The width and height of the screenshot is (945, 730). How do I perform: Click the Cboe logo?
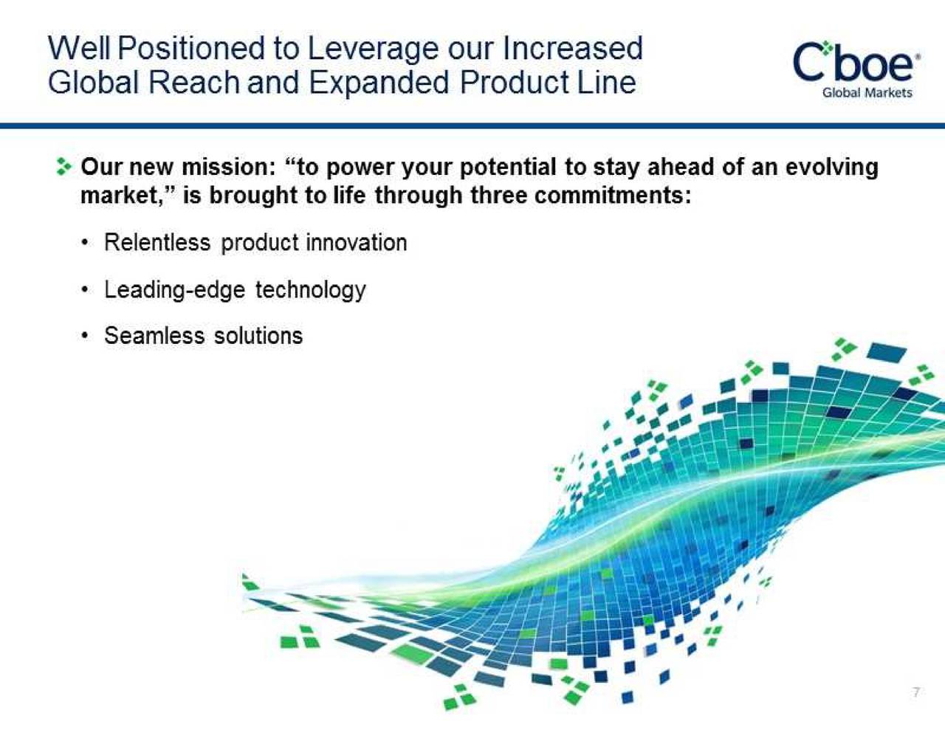click(856, 63)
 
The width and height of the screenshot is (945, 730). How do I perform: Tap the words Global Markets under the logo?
click(867, 93)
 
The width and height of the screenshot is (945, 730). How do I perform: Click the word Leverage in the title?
click(372, 49)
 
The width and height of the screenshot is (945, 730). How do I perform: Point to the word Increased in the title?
click(573, 49)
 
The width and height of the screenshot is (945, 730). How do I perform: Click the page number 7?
click(916, 692)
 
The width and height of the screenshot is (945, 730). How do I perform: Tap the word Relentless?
click(157, 242)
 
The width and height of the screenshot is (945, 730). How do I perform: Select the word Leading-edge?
click(174, 289)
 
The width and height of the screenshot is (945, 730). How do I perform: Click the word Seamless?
click(154, 336)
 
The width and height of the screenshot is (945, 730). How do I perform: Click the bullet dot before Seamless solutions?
click(87, 337)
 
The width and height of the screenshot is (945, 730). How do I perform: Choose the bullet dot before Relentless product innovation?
click(87, 243)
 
